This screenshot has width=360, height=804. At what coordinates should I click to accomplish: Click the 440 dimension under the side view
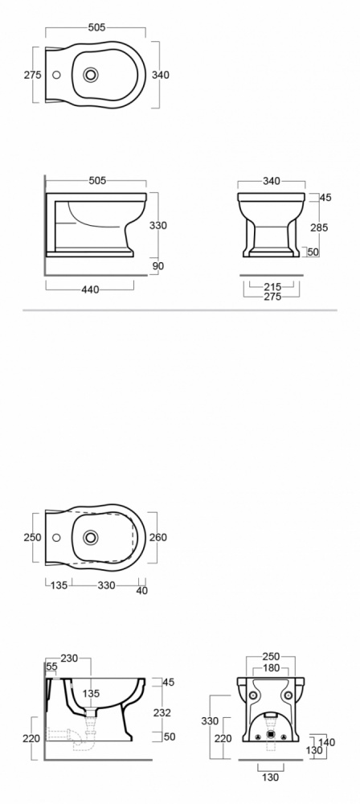90,289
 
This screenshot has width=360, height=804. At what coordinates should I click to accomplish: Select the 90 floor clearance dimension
158,266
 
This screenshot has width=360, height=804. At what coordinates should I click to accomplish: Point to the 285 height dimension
319,228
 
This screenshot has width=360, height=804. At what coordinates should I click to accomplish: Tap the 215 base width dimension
272,287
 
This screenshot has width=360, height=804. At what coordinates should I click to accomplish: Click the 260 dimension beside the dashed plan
158,537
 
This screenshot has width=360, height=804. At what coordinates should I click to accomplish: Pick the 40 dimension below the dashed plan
142,591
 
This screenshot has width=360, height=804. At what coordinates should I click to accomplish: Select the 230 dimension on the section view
69,658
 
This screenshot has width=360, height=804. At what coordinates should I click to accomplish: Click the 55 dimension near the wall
51,667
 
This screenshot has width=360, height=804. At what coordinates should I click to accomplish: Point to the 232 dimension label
162,712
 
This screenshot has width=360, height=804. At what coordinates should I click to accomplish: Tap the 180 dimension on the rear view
271,668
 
